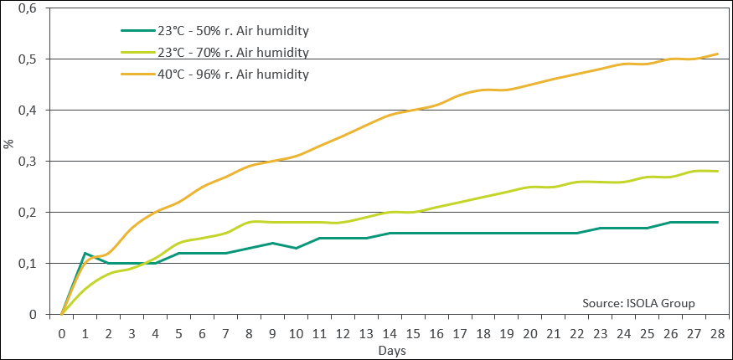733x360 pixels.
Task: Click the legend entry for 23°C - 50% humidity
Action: coord(214,31)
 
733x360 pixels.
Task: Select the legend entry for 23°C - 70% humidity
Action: coord(214,52)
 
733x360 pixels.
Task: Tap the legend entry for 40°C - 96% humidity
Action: coord(214,74)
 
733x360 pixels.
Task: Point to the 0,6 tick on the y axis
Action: coord(27,8)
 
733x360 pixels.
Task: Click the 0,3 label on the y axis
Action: coord(27,162)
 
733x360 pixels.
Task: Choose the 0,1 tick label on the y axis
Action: coord(27,264)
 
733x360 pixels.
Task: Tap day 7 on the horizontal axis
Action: coord(226,334)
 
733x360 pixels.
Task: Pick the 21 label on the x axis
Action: coord(554,334)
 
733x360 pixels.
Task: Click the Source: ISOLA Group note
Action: coord(638,303)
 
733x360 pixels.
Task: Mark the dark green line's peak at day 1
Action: coord(85,253)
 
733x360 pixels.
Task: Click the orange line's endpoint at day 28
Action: coord(718,54)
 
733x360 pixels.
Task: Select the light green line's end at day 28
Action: coord(718,172)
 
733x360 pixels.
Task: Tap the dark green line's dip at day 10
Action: coord(296,248)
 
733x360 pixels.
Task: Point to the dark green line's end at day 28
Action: coord(718,222)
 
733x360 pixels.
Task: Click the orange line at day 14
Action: coord(390,115)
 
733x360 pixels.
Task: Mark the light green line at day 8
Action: coord(249,222)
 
